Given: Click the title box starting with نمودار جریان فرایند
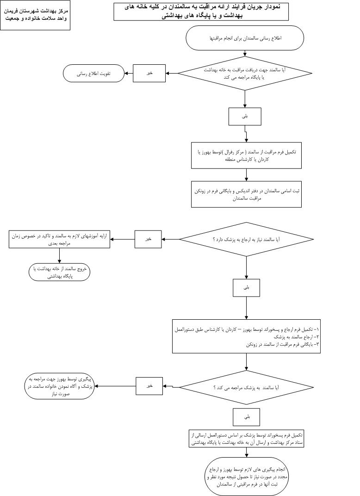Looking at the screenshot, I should (x=201, y=11).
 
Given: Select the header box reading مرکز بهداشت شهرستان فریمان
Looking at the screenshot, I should (x=35, y=15).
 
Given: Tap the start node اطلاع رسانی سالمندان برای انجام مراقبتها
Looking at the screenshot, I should (x=245, y=38).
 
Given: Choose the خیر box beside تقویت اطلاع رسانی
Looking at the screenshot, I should (x=149, y=73).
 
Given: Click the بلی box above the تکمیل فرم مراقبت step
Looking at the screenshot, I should (x=245, y=117).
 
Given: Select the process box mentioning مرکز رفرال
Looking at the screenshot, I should (x=247, y=155).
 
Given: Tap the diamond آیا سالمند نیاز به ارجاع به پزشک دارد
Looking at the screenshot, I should (x=246, y=240).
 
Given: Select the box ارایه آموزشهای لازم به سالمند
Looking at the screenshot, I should (x=60, y=239).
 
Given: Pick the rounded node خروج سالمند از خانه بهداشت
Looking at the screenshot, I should (x=59, y=272).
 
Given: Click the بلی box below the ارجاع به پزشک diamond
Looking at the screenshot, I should (x=246, y=287).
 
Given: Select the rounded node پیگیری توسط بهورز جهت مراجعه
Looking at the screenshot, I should (x=60, y=386).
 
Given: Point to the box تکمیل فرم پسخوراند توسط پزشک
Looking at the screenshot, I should (x=247, y=439).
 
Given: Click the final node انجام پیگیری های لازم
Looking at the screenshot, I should (x=247, y=476).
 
